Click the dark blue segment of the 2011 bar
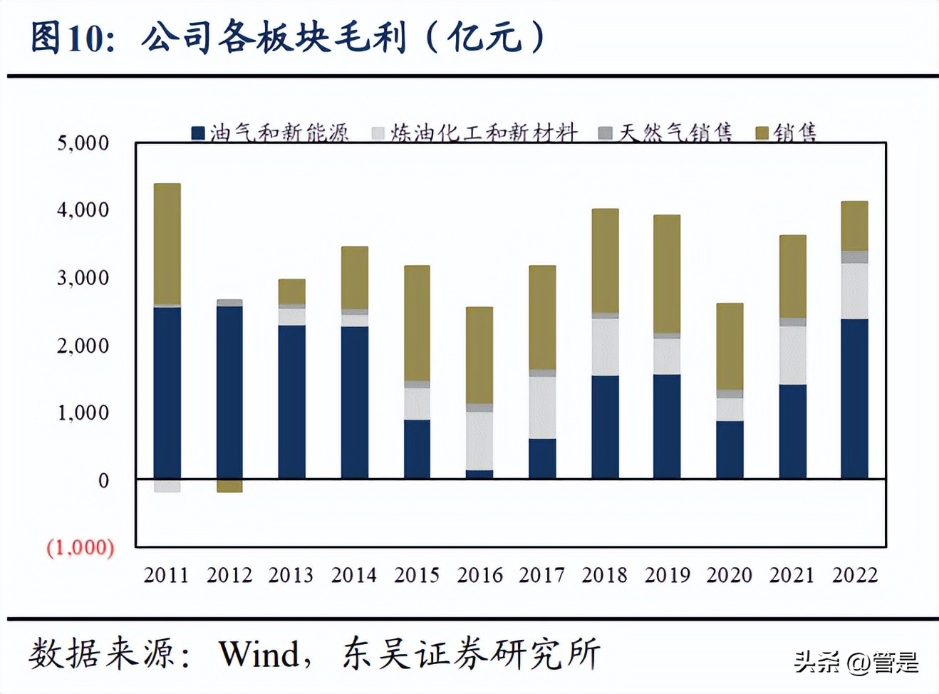click(x=167, y=392)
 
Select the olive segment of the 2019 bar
click(x=667, y=274)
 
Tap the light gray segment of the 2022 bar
click(x=854, y=291)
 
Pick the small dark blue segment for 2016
click(x=479, y=474)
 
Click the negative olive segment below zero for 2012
click(x=229, y=486)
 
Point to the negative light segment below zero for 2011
click(x=167, y=486)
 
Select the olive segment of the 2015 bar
click(x=417, y=323)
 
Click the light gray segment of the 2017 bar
click(x=542, y=408)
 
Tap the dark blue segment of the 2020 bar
click(x=730, y=450)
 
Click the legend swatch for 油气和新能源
click(x=198, y=133)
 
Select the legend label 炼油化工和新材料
click(x=484, y=133)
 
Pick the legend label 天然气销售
click(x=675, y=133)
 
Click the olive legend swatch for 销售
click(x=762, y=133)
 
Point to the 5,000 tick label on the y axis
click(x=83, y=143)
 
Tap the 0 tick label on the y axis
click(x=103, y=481)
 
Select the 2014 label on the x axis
click(x=354, y=575)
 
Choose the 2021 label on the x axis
click(x=792, y=575)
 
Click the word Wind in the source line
click(x=259, y=653)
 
